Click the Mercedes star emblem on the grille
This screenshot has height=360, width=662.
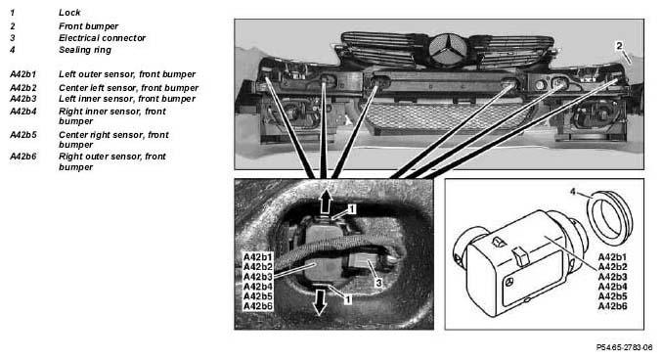tap(449, 49)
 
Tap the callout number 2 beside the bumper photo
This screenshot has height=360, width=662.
tap(619, 46)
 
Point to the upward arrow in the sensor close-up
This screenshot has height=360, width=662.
tap(326, 202)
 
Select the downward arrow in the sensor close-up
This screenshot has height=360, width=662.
tap(320, 302)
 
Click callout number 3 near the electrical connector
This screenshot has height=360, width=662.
tap(378, 283)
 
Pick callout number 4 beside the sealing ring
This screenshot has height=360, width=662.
tap(573, 192)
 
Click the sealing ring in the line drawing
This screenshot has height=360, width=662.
tap(609, 218)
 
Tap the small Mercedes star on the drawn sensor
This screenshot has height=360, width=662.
tap(509, 282)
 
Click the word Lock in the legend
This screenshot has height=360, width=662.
tap(69, 13)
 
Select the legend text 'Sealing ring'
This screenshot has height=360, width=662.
tap(85, 50)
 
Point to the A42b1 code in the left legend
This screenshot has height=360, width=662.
tap(23, 74)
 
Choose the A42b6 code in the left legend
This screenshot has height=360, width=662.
tap(23, 157)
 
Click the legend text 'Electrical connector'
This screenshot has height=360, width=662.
tap(102, 38)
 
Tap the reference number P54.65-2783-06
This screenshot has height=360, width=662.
tap(625, 347)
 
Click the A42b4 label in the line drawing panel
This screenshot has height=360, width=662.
tap(612, 287)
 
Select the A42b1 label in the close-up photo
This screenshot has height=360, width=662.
tap(258, 257)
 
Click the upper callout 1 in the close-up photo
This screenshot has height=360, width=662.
tap(352, 208)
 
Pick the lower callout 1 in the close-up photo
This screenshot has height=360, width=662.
tap(347, 299)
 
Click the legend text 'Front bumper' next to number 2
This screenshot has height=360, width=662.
tap(89, 26)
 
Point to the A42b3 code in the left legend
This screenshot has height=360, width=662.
tap(23, 99)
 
